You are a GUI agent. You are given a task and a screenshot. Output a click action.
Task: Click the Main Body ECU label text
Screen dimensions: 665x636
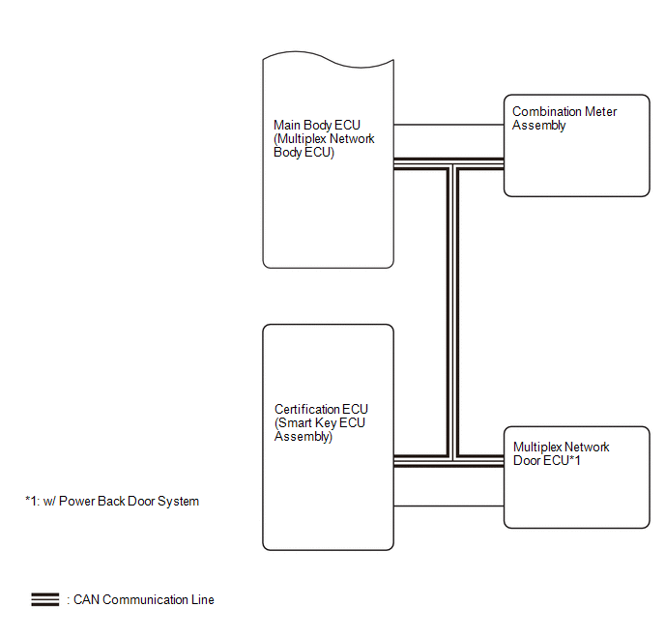click(x=324, y=138)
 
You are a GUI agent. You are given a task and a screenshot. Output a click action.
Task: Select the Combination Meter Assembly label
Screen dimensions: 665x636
click(x=564, y=118)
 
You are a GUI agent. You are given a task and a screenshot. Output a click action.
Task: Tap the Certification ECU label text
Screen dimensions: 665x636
click(x=321, y=422)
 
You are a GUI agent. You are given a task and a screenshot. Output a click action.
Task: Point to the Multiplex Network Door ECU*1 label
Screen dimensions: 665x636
click(x=561, y=453)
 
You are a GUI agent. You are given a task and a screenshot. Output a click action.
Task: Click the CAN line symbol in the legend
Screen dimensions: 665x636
click(x=45, y=599)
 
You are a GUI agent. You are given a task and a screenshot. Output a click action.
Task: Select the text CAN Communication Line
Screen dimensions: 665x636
click(x=144, y=599)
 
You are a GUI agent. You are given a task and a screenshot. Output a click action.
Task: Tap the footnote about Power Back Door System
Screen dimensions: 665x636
click(x=112, y=502)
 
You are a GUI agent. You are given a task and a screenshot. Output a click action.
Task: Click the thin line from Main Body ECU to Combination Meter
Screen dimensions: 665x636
click(x=448, y=125)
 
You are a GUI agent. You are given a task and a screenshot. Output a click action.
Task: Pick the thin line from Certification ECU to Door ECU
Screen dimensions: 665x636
click(x=448, y=506)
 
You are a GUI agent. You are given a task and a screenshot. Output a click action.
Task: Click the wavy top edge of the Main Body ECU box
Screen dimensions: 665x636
click(x=329, y=60)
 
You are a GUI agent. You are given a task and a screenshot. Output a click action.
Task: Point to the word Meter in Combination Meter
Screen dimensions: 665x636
click(x=600, y=111)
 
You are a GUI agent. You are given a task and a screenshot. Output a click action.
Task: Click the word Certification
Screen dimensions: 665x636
click(x=306, y=409)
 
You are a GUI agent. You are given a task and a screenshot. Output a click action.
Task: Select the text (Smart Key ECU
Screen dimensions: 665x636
click(x=320, y=422)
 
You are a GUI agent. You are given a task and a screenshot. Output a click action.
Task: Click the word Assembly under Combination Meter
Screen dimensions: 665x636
click(x=538, y=126)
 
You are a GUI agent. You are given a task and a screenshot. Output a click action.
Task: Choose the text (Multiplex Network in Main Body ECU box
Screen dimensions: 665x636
click(x=324, y=138)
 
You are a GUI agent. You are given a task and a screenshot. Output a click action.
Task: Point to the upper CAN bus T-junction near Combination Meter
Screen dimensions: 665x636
click(x=452, y=164)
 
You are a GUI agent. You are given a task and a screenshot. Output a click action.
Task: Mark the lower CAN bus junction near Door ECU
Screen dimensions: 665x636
click(x=452, y=461)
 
